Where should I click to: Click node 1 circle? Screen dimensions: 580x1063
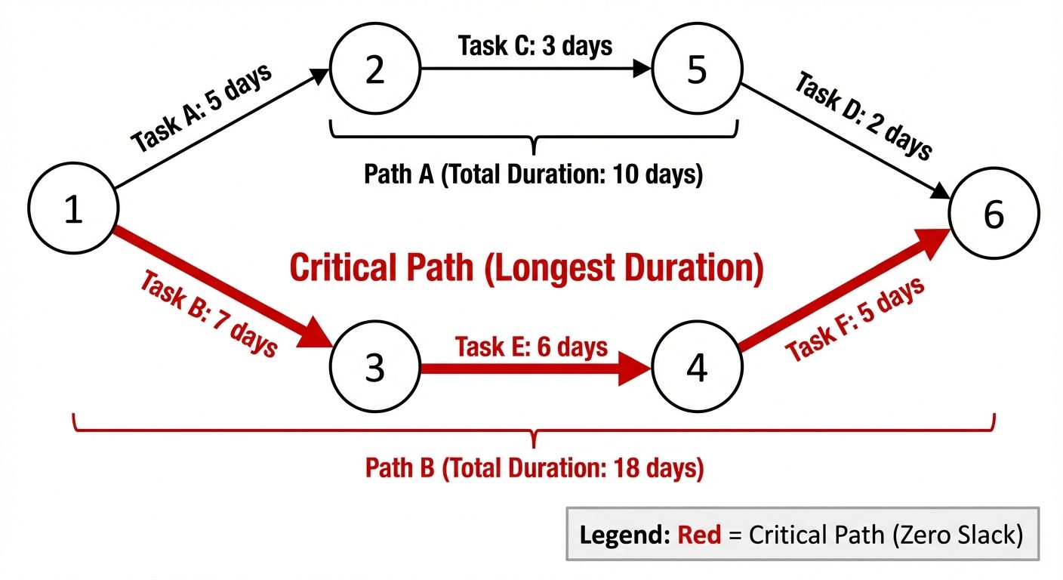[x=72, y=210]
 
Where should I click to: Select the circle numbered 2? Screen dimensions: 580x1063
[x=375, y=70]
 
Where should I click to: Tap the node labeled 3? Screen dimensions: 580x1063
[x=375, y=369]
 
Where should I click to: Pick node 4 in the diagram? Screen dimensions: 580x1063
[x=697, y=369]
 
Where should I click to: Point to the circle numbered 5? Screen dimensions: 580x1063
[x=697, y=70]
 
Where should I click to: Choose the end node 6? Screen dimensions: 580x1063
[x=994, y=215]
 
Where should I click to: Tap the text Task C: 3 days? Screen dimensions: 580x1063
[x=535, y=45]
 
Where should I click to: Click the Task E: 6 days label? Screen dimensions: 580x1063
[x=531, y=347]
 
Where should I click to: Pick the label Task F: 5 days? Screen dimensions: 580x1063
[x=855, y=319]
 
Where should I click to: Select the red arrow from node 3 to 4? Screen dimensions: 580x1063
[x=528, y=369]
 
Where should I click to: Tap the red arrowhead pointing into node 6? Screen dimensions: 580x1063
[x=933, y=241]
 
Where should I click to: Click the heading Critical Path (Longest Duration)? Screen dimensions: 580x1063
[x=526, y=270]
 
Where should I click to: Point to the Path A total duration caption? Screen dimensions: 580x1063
[x=533, y=175]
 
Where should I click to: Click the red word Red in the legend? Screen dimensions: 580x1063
[x=694, y=535]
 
